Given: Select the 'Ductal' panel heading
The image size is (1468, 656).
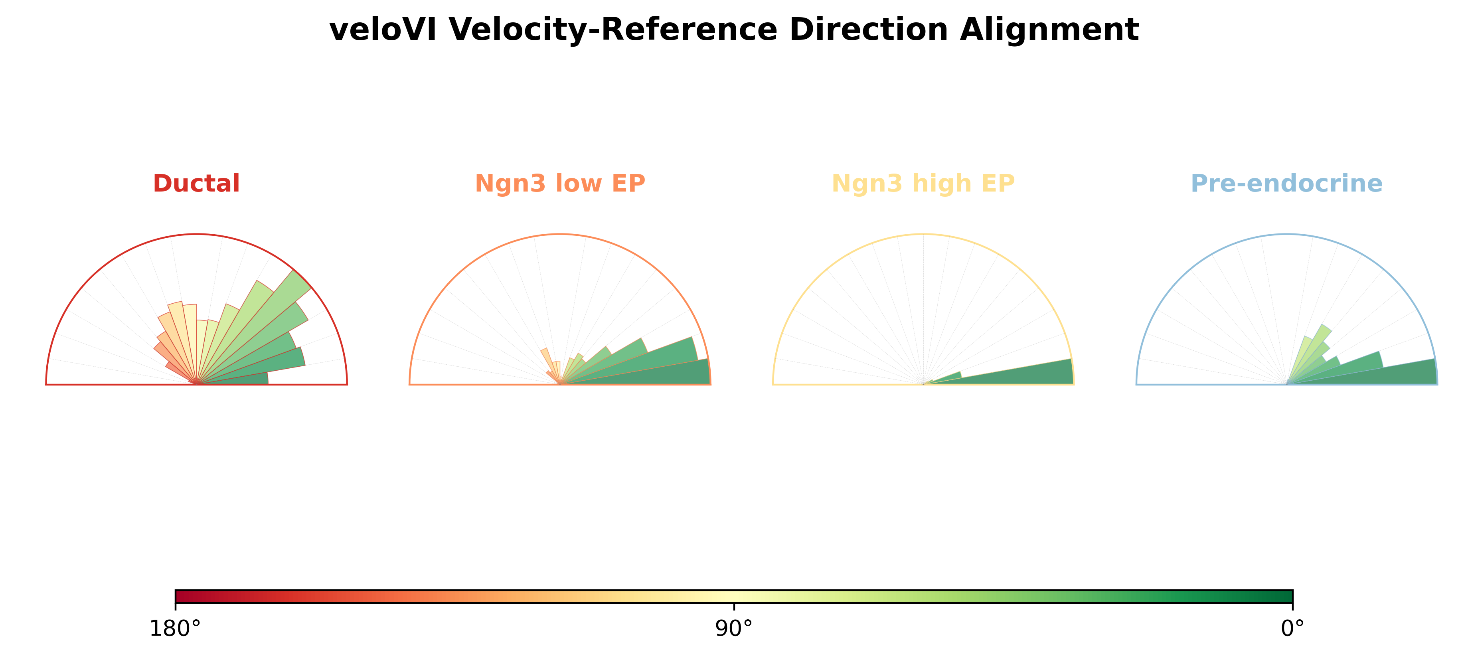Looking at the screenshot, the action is pyautogui.click(x=197, y=184).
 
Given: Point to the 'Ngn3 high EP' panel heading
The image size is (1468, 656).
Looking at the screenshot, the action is pyautogui.click(x=923, y=184).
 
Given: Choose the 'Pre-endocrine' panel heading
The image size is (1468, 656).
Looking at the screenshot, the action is pyautogui.click(x=1287, y=184).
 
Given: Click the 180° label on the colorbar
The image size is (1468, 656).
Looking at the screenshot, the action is pyautogui.click(x=175, y=628).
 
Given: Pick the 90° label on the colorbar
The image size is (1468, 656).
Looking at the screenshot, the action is pyautogui.click(x=734, y=628).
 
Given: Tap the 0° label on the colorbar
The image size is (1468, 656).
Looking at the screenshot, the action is pyautogui.click(x=1292, y=628).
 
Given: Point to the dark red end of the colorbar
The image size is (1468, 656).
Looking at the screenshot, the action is pyautogui.click(x=178, y=597).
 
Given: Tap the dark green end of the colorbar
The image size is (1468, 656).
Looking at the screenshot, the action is pyautogui.click(x=1290, y=597).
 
